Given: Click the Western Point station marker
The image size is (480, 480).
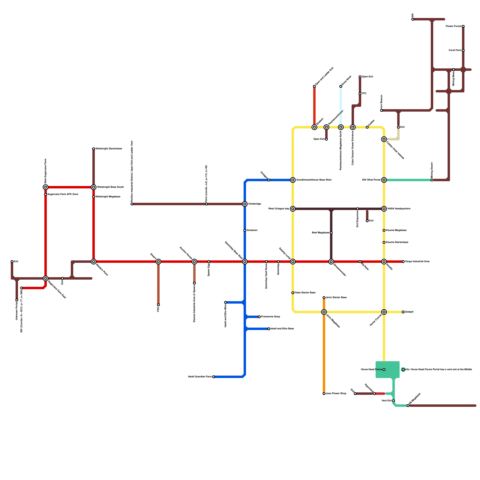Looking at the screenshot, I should tap(94, 262).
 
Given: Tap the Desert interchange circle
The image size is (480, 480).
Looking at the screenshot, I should tap(158, 262).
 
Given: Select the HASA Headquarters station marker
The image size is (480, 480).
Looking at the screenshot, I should tap(384, 209).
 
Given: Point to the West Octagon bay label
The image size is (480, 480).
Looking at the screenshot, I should tap(279, 209).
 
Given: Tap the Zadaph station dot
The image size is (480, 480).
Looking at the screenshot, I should tap(403, 312).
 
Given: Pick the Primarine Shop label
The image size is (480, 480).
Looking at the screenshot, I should tap(271, 317).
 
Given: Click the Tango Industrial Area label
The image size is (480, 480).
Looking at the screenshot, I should tap(417, 262).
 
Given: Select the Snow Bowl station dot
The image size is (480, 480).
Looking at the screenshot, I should tap(341, 86).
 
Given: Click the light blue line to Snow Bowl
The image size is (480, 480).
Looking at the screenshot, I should tap(341, 105).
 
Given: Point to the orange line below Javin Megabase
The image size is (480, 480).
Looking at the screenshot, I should tap(324, 354).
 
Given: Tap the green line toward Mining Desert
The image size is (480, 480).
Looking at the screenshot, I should tap(408, 180).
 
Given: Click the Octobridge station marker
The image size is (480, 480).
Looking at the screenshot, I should tap(245, 204).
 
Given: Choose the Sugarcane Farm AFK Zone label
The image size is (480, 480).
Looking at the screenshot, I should tap(63, 194).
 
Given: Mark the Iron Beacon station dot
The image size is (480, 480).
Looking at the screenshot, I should tap(382, 110).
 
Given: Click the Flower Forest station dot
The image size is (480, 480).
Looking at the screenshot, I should tap(463, 26).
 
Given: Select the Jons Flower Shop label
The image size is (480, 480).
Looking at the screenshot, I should tap(336, 394).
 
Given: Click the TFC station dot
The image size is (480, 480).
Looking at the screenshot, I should tap(360, 94).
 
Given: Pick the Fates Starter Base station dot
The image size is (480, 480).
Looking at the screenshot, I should tap(293, 293).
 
